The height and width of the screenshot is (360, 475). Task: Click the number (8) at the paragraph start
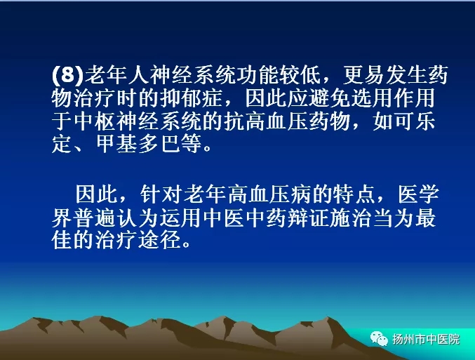tap(67, 74)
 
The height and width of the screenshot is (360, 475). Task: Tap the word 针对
tap(161, 194)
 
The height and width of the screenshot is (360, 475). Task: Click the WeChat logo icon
tap(379, 338)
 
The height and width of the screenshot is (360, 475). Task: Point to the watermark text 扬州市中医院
tap(426, 339)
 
